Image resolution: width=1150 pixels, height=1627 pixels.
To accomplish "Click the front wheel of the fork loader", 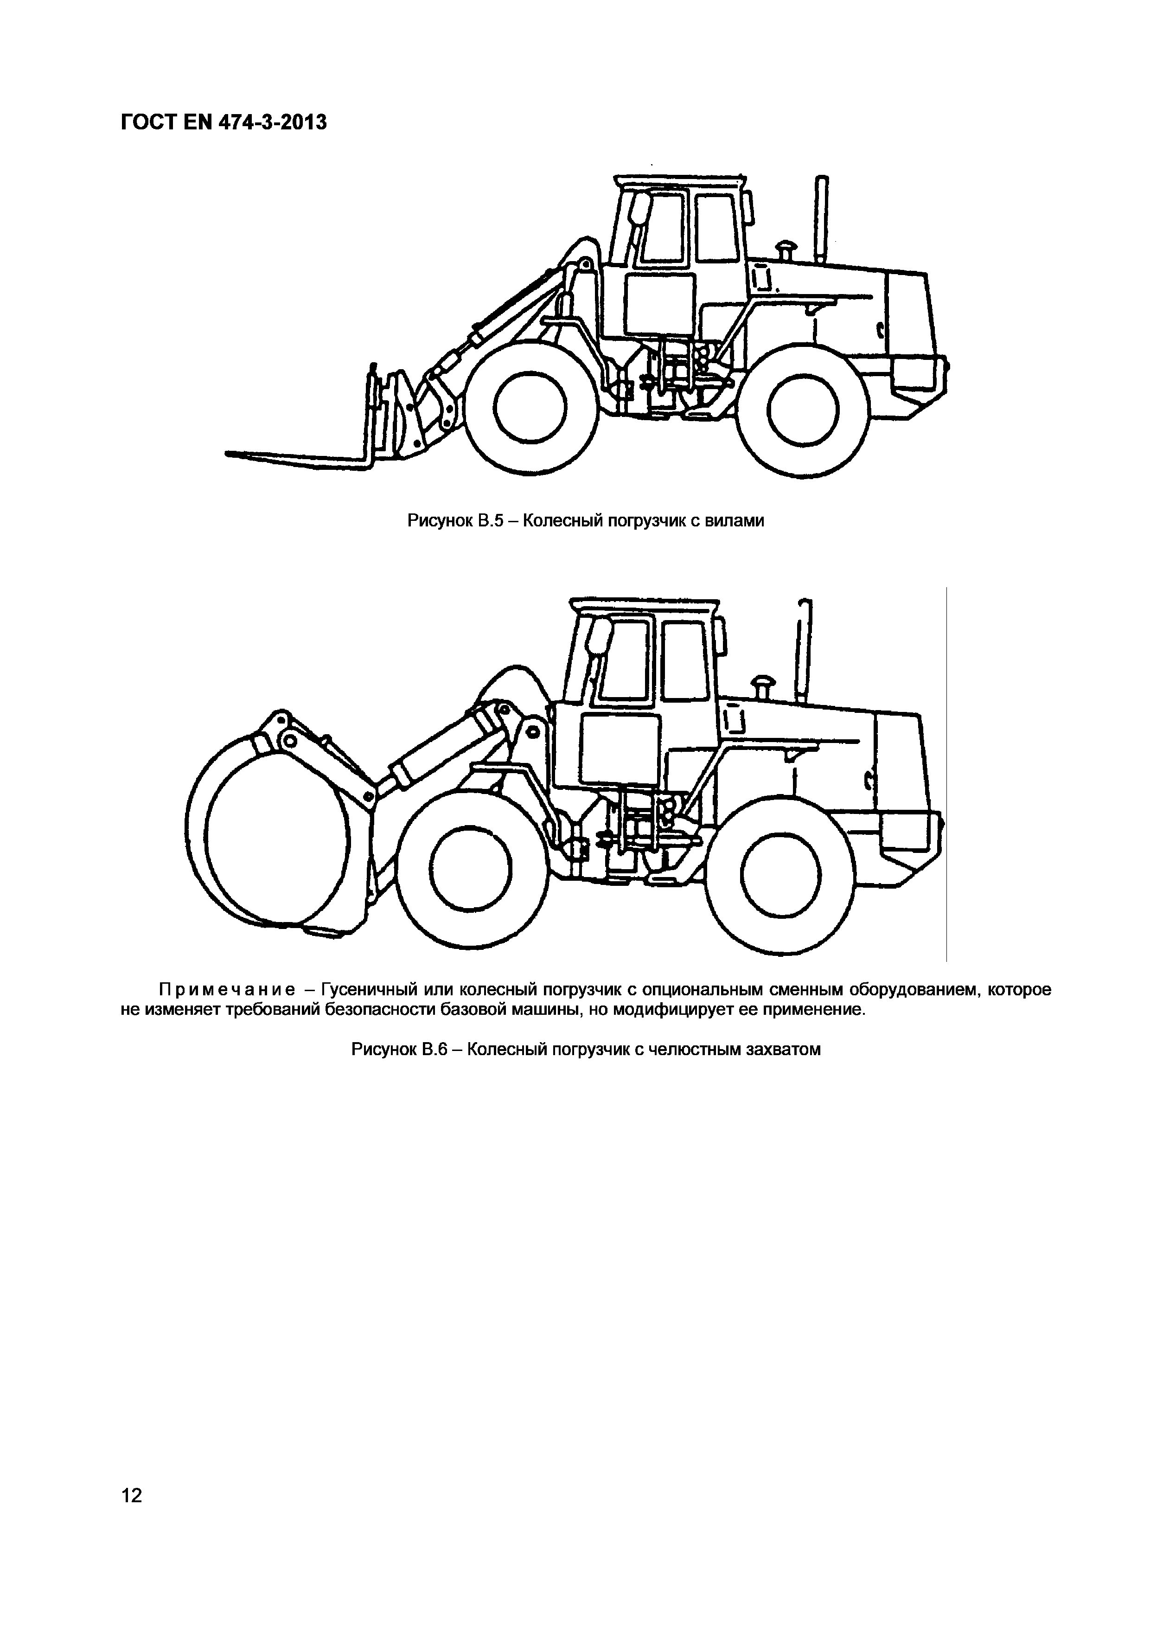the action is pyautogui.click(x=531, y=409).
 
